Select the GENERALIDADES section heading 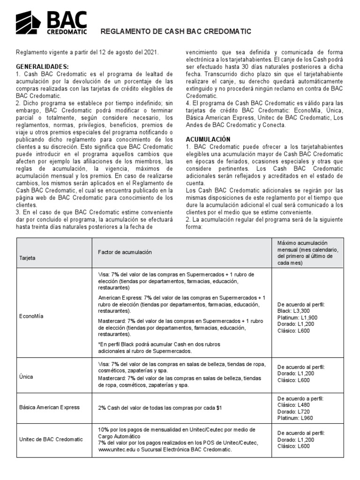(42, 67)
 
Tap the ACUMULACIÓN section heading (208, 139)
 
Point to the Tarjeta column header (26, 258)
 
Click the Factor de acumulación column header (125, 252)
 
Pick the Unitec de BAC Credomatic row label (51, 439)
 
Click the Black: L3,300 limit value (295, 310)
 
